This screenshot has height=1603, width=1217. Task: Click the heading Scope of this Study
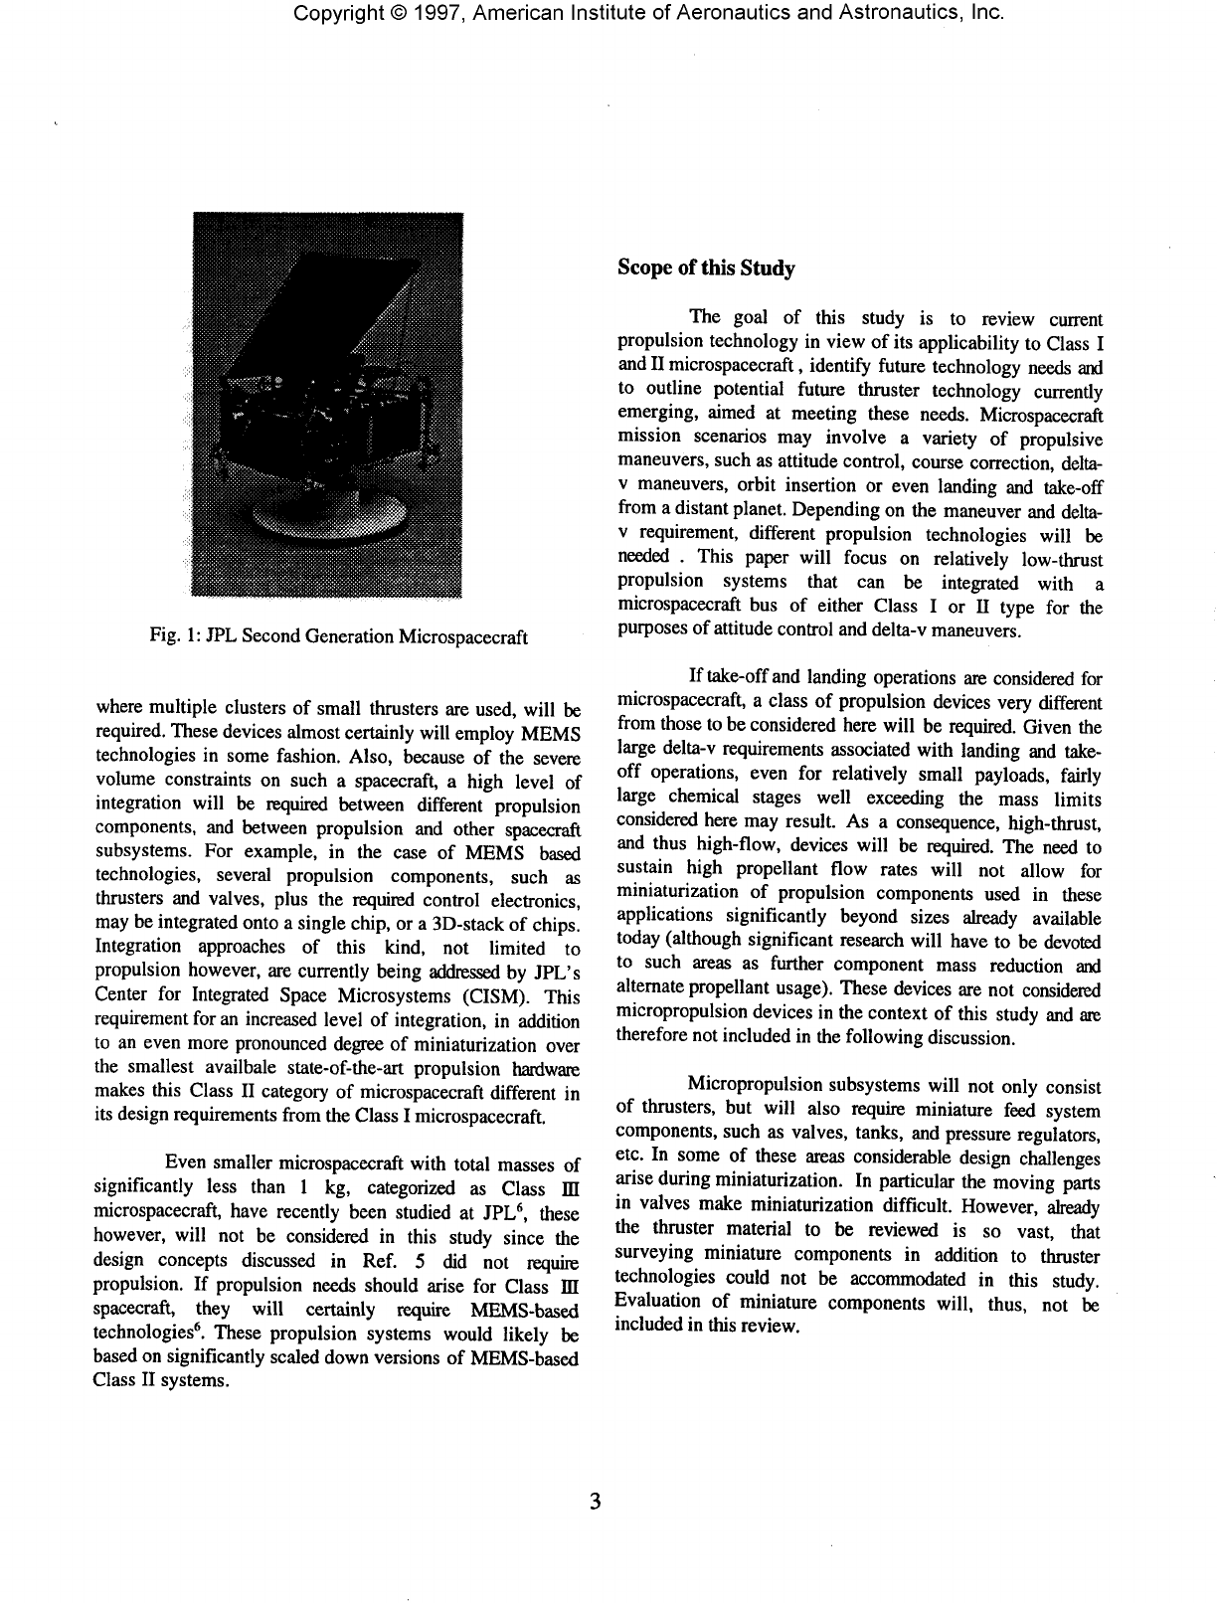(x=706, y=267)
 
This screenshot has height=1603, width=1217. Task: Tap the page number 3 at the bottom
(x=595, y=1502)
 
